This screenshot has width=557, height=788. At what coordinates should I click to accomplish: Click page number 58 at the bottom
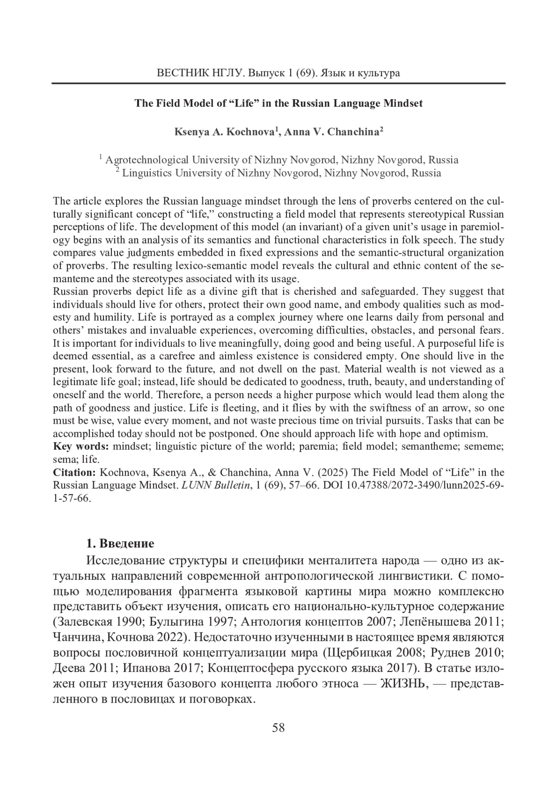(x=278, y=727)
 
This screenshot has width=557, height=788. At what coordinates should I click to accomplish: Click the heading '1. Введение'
(x=120, y=543)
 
